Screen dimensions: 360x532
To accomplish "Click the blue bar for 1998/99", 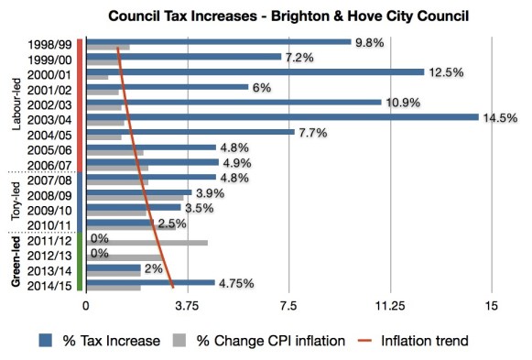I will [x=219, y=41].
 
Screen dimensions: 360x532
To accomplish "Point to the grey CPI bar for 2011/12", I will [x=147, y=243].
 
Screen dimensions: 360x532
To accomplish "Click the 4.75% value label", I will [x=235, y=284].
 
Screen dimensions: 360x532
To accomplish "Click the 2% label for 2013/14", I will [x=153, y=269].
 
